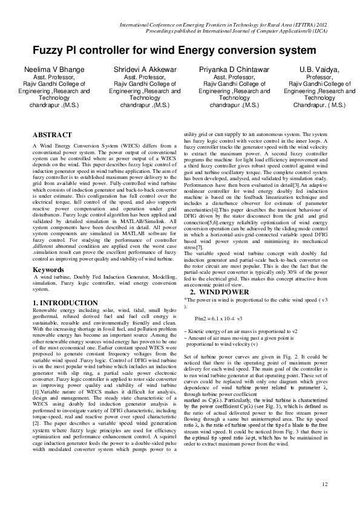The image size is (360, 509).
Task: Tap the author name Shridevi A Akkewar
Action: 140,70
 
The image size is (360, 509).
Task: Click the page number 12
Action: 325,484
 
